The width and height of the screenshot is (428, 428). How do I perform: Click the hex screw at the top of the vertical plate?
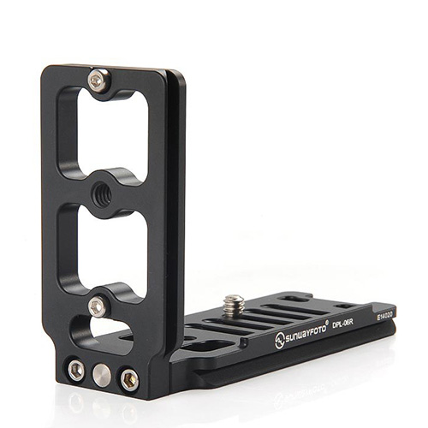coord(99,80)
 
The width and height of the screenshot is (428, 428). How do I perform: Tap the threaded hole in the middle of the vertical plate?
coord(102,195)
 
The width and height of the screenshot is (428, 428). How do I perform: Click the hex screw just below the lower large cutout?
coord(98,306)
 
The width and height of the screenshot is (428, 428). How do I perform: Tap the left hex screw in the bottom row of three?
coord(76,371)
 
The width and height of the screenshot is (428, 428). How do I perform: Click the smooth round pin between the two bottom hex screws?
coord(102,375)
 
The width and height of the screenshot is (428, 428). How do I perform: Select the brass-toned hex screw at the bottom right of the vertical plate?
coord(129,380)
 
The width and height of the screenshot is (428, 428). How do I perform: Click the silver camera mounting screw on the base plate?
coord(234,304)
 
